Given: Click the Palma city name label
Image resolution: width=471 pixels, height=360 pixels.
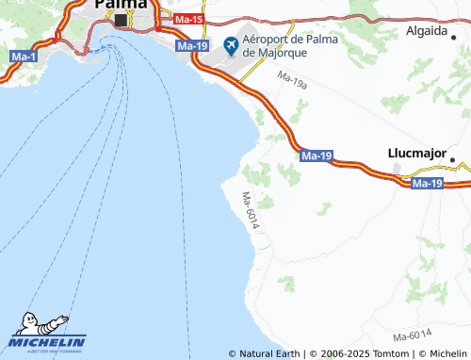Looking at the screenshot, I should pyautogui.click(x=120, y=5).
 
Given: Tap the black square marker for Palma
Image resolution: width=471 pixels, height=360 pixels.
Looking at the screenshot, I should pyautogui.click(x=121, y=17).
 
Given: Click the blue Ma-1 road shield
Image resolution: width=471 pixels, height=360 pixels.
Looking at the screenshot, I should pyautogui.click(x=23, y=58).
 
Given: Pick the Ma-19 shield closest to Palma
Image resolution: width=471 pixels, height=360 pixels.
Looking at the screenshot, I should pyautogui.click(x=192, y=46).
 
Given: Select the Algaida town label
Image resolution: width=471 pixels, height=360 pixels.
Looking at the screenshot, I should pyautogui.click(x=427, y=30).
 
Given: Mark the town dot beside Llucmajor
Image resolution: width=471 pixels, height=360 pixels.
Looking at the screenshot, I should pyautogui.click(x=452, y=159).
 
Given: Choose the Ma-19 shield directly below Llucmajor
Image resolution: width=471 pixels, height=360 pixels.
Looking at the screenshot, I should pyautogui.click(x=428, y=183).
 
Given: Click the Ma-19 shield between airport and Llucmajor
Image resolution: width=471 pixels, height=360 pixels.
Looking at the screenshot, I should pyautogui.click(x=317, y=155).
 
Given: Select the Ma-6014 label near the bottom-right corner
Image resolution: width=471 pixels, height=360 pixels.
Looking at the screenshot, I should pyautogui.click(x=413, y=336).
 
